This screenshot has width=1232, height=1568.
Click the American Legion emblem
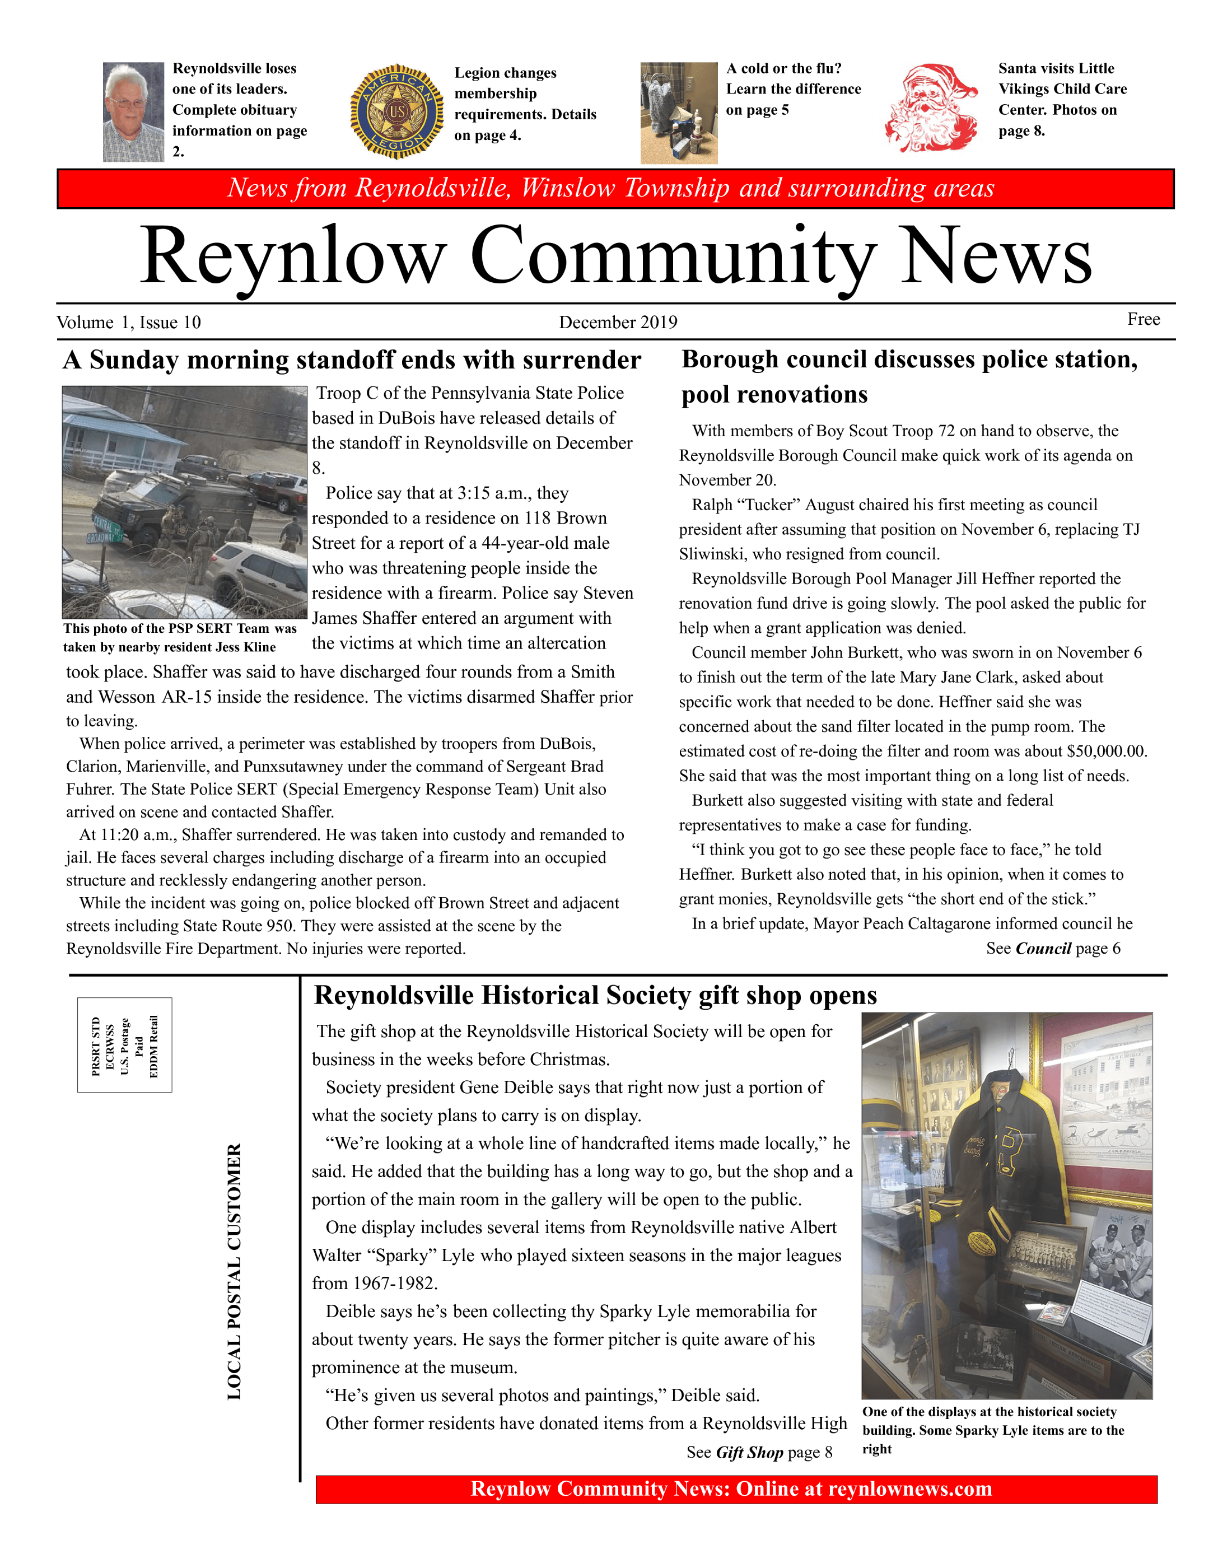(398, 112)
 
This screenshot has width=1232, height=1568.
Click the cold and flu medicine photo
(679, 113)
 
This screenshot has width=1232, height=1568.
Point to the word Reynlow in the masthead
(293, 257)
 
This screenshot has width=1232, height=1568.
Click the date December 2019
(618, 323)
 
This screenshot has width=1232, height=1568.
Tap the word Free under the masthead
(1144, 320)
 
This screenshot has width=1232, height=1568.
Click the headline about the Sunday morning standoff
(352, 360)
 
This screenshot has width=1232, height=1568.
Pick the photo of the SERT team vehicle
(185, 502)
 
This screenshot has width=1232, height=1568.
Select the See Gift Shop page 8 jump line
(759, 1453)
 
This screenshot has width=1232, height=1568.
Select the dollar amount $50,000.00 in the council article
(1106, 752)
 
